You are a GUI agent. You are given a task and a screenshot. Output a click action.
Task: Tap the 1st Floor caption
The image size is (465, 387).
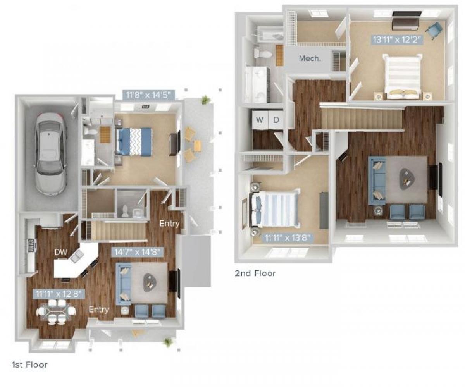pyautogui.click(x=30, y=365)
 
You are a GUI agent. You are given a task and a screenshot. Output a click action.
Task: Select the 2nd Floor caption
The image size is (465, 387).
pyautogui.click(x=255, y=273)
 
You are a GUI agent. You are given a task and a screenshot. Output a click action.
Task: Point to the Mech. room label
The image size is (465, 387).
pyautogui.click(x=310, y=59)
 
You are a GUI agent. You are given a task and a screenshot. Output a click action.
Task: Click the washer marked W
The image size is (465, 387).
pyautogui.click(x=260, y=120)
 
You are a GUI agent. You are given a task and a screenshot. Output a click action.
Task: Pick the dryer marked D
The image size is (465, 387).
pyautogui.click(x=276, y=120)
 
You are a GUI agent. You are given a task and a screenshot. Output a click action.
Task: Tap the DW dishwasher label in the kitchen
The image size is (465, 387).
pyautogui.click(x=61, y=253)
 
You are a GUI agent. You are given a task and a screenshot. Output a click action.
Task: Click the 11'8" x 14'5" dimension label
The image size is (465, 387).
pyautogui.click(x=148, y=94)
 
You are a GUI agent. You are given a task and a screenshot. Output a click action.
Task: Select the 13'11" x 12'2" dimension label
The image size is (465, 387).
pyautogui.click(x=397, y=39)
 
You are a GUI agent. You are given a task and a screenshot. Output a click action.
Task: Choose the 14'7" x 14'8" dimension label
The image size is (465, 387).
pyautogui.click(x=137, y=252)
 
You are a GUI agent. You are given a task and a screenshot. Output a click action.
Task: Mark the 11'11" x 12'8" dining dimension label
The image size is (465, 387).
pyautogui.click(x=59, y=294)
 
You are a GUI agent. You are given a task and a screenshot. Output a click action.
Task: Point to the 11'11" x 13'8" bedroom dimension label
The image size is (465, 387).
pyautogui.click(x=287, y=237)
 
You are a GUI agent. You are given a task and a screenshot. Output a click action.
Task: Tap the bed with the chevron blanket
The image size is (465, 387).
pyautogui.click(x=134, y=141)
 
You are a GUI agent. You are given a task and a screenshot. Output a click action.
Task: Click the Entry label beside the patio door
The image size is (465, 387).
pyautogui.click(x=169, y=224)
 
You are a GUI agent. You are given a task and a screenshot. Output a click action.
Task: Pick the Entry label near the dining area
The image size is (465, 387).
pyautogui.click(x=99, y=310)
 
